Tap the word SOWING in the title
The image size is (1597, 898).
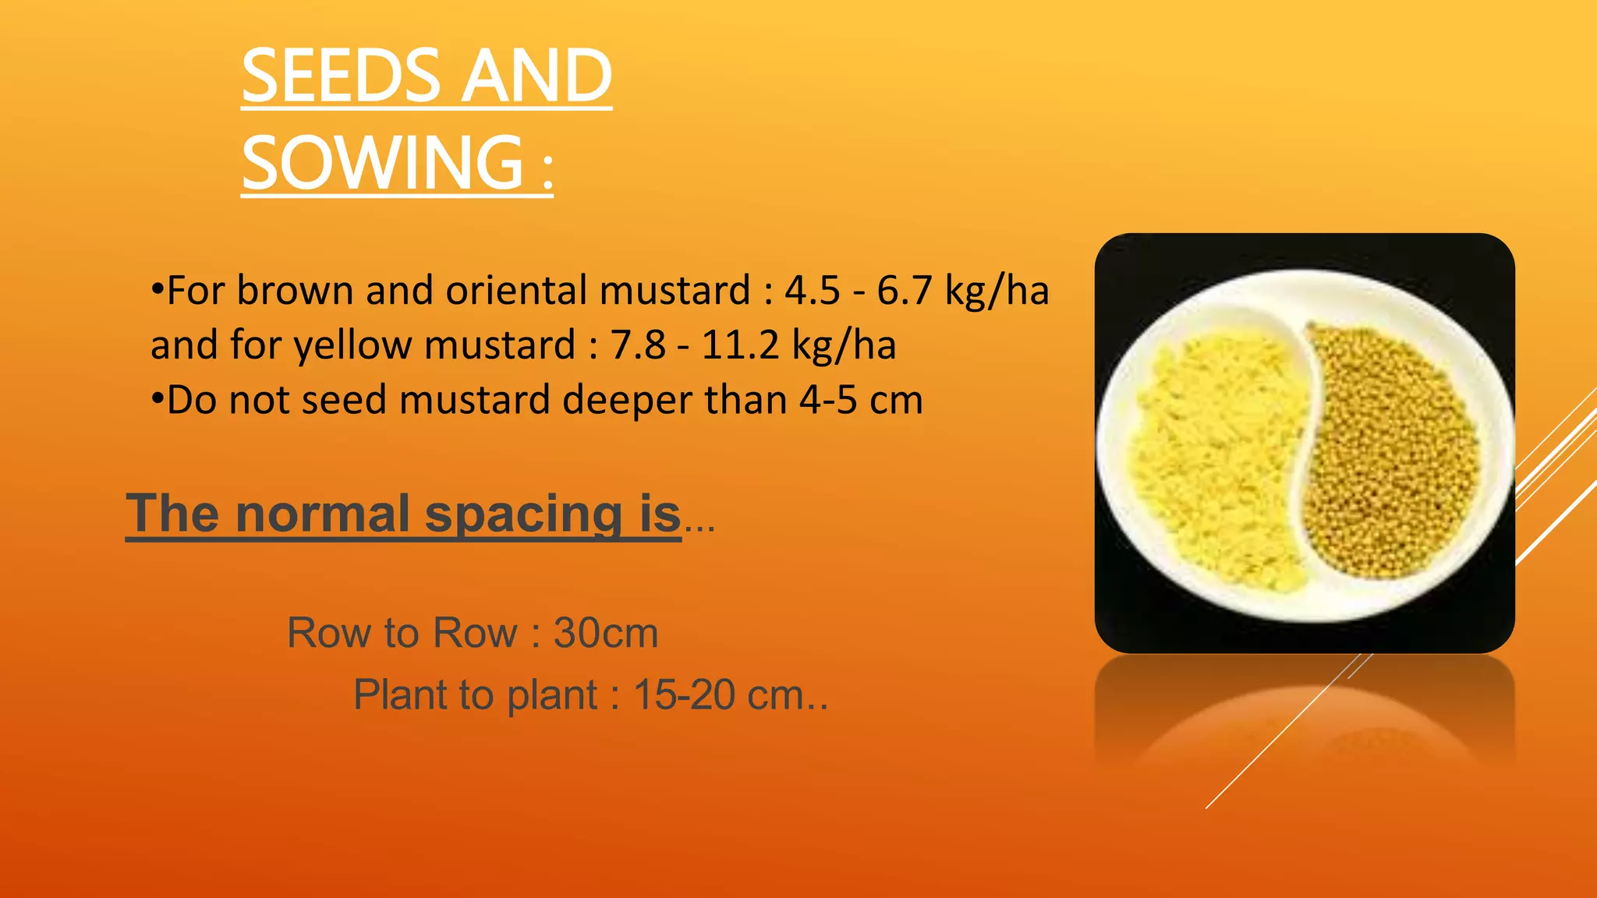click(x=382, y=163)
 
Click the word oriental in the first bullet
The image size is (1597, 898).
click(x=516, y=291)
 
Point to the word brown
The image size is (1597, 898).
click(x=296, y=291)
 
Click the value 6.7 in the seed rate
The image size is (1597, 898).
click(x=905, y=291)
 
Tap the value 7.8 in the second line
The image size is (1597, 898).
click(x=638, y=345)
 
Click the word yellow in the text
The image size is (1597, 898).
click(x=352, y=345)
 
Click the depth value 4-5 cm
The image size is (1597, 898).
click(x=861, y=401)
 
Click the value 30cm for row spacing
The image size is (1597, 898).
click(x=606, y=633)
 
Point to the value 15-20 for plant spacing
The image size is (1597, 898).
click(x=684, y=695)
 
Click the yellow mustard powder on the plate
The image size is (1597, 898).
click(x=1209, y=452)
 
